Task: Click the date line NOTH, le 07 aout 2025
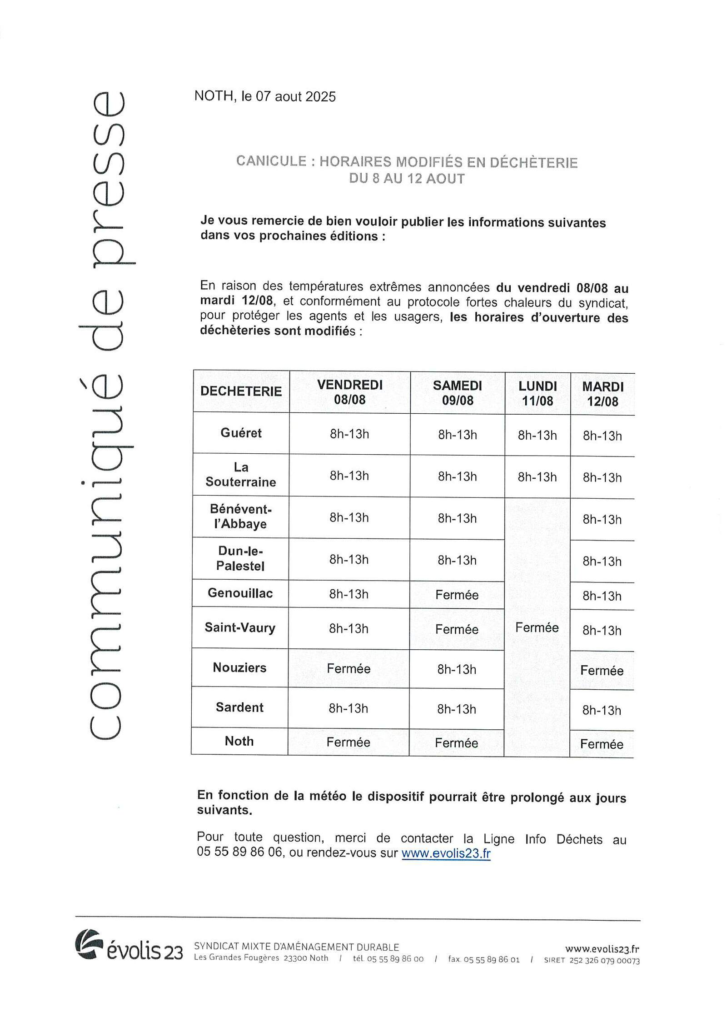pos(265,96)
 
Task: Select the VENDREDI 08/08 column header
pos(349,392)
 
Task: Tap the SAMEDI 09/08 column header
pos(457,392)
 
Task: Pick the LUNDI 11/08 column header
pos(538,393)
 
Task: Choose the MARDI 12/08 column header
pos(603,394)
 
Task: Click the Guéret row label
pos(241,432)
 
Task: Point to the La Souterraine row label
pos(241,475)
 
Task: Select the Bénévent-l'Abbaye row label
pos(241,517)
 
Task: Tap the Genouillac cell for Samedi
pos(457,595)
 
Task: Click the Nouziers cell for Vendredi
pos(349,668)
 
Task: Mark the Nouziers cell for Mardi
pos(602,671)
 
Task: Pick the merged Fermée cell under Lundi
pos(537,628)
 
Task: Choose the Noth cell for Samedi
pos(456,743)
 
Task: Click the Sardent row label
pos(239,707)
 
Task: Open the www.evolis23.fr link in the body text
pos(446,853)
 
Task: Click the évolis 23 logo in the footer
pos(129,950)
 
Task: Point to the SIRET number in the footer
pos(592,961)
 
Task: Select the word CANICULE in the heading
pos(271,161)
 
